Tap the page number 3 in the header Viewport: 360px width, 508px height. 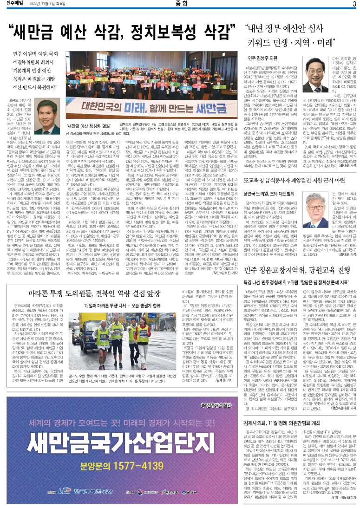(354, 5)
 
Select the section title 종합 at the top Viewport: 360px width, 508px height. (180, 5)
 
